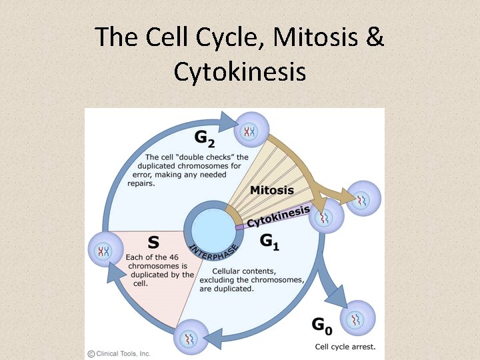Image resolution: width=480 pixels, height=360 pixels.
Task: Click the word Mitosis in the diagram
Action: [272, 190]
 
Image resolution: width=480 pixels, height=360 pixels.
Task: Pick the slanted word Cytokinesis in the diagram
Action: [279, 216]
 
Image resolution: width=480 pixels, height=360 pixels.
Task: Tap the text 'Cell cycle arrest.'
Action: [345, 346]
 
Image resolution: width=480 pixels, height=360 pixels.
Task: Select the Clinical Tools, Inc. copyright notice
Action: [119, 353]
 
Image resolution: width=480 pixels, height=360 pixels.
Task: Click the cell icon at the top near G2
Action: [251, 129]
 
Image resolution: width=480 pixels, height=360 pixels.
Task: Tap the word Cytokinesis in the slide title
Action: [240, 71]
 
